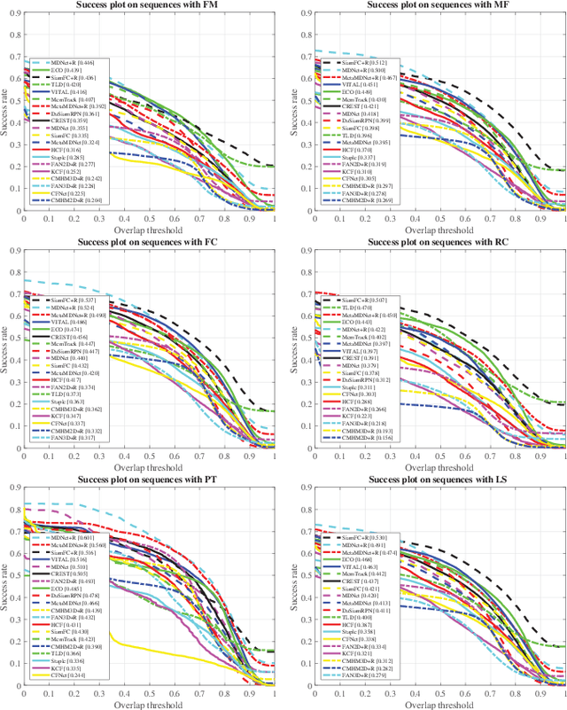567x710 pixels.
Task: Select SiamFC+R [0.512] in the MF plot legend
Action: [x=363, y=63]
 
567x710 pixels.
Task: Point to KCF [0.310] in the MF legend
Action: [x=359, y=172]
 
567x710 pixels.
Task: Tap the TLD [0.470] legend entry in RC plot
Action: [x=358, y=308]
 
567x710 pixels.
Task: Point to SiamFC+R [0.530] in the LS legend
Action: [x=363, y=537]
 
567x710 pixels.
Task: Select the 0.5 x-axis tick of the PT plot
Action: [x=149, y=690]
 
